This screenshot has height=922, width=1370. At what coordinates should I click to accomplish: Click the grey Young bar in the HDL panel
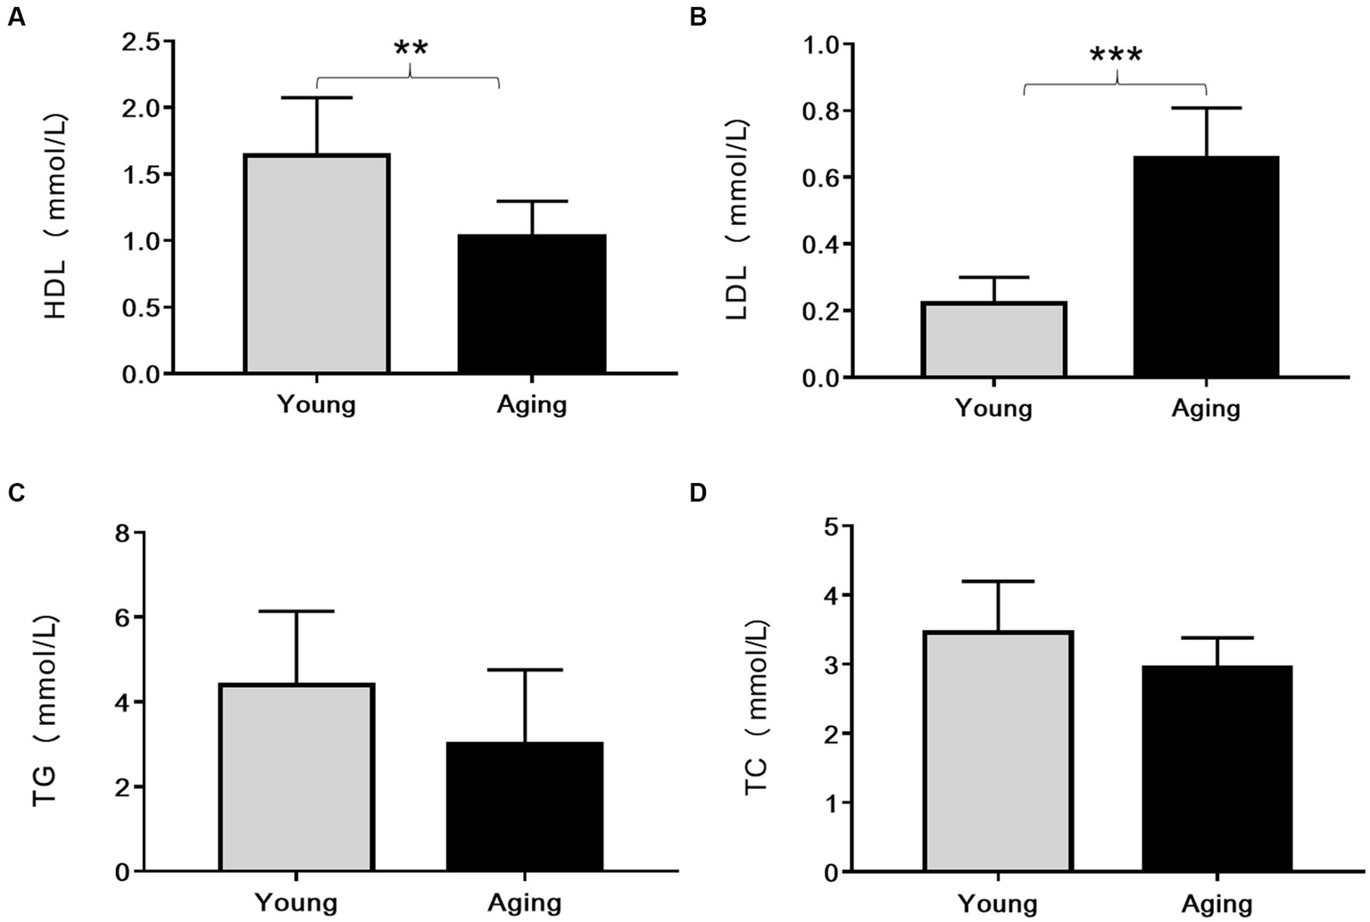[x=317, y=263]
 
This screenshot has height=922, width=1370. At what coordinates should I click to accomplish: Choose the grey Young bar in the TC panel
[x=998, y=751]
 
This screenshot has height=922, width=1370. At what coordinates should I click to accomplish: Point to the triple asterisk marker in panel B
[x=1116, y=56]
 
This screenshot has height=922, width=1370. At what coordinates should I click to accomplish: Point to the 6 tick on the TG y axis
[x=122, y=618]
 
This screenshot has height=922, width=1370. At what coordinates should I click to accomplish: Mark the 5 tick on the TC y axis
[x=831, y=527]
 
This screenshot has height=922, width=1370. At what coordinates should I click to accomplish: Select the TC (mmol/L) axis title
[x=757, y=706]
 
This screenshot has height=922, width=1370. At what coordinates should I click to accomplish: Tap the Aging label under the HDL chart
[x=532, y=404]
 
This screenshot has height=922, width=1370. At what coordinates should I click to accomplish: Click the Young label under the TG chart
[x=296, y=901]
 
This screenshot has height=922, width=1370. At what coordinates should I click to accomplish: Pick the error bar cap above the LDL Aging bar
[x=1206, y=108]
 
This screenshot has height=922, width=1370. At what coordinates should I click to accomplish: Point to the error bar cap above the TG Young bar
[x=296, y=611]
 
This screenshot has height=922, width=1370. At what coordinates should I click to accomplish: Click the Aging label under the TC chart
[x=1217, y=904]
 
